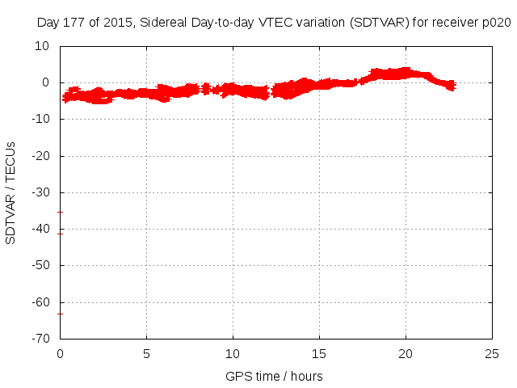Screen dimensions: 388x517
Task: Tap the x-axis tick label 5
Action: pos(146,353)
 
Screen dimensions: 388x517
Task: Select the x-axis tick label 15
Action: pos(319,353)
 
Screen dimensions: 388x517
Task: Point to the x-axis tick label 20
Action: pos(406,353)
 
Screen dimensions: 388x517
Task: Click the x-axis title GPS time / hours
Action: pos(275,376)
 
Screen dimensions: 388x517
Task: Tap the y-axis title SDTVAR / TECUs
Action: pos(11,192)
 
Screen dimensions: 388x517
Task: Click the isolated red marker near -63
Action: pos(60,314)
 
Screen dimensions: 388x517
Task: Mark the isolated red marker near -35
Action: pos(60,212)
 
